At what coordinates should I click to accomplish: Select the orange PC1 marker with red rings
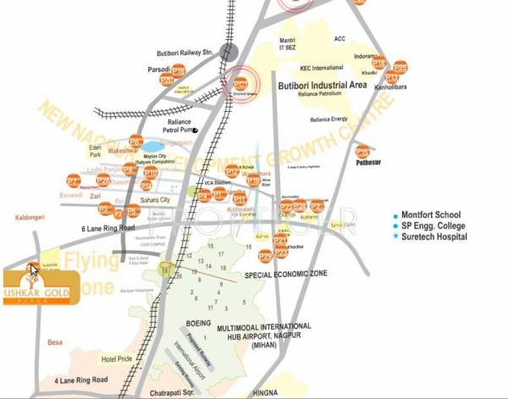240,84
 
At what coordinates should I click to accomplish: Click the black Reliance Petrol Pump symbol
195,130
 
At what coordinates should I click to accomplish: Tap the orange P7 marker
74,180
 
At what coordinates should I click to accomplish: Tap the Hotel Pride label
118,359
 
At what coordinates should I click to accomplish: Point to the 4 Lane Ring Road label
84,380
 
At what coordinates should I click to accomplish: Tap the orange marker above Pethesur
362,152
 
